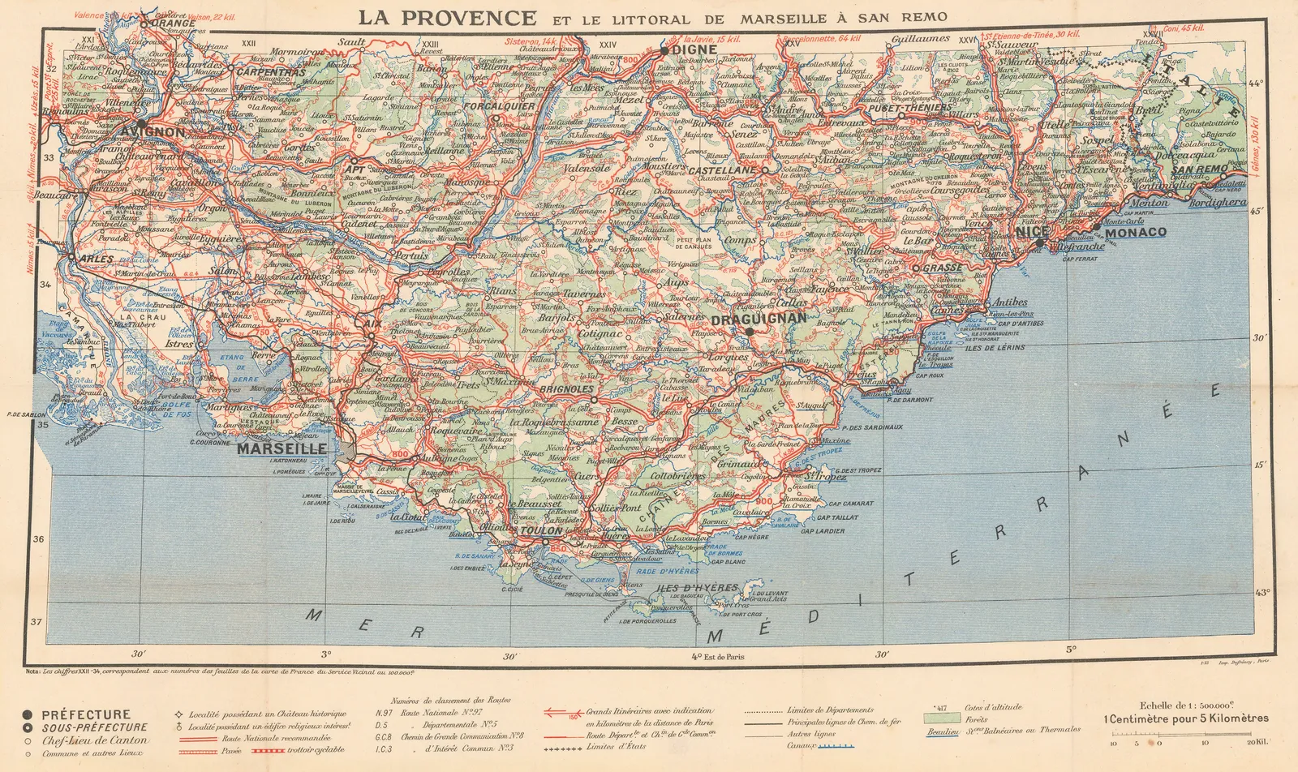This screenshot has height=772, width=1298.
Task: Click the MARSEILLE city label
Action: (282, 448)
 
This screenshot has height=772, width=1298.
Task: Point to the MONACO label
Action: (1135, 233)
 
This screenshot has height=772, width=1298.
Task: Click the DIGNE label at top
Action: (694, 50)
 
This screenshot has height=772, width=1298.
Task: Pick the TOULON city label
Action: (541, 531)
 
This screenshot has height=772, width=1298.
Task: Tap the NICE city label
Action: (1032, 232)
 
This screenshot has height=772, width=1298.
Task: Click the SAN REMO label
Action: (1200, 169)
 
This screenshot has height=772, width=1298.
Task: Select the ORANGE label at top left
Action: (174, 24)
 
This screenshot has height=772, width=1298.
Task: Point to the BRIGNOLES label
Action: (567, 389)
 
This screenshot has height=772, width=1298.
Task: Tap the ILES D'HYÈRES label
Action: (698, 588)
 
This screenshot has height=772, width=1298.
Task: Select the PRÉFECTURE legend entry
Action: (85, 715)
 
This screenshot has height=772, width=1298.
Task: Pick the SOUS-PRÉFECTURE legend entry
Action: (94, 727)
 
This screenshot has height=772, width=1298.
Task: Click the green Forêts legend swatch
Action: (941, 718)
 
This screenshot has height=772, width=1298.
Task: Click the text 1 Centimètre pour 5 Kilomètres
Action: (1186, 718)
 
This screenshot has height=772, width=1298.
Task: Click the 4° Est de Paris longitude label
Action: (717, 656)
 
